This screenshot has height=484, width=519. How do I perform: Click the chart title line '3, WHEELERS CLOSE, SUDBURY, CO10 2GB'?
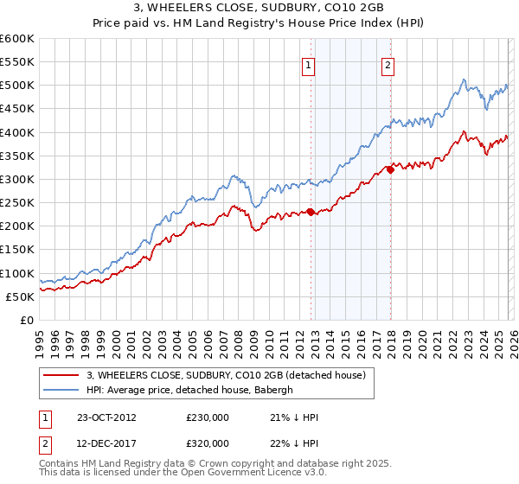coord(259,10)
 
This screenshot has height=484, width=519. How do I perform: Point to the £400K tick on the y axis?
coord(17,132)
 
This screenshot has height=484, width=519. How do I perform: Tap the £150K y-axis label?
coord(17,250)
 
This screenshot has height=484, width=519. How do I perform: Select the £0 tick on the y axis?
coord(28,320)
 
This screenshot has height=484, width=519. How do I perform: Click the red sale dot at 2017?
coord(390,170)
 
